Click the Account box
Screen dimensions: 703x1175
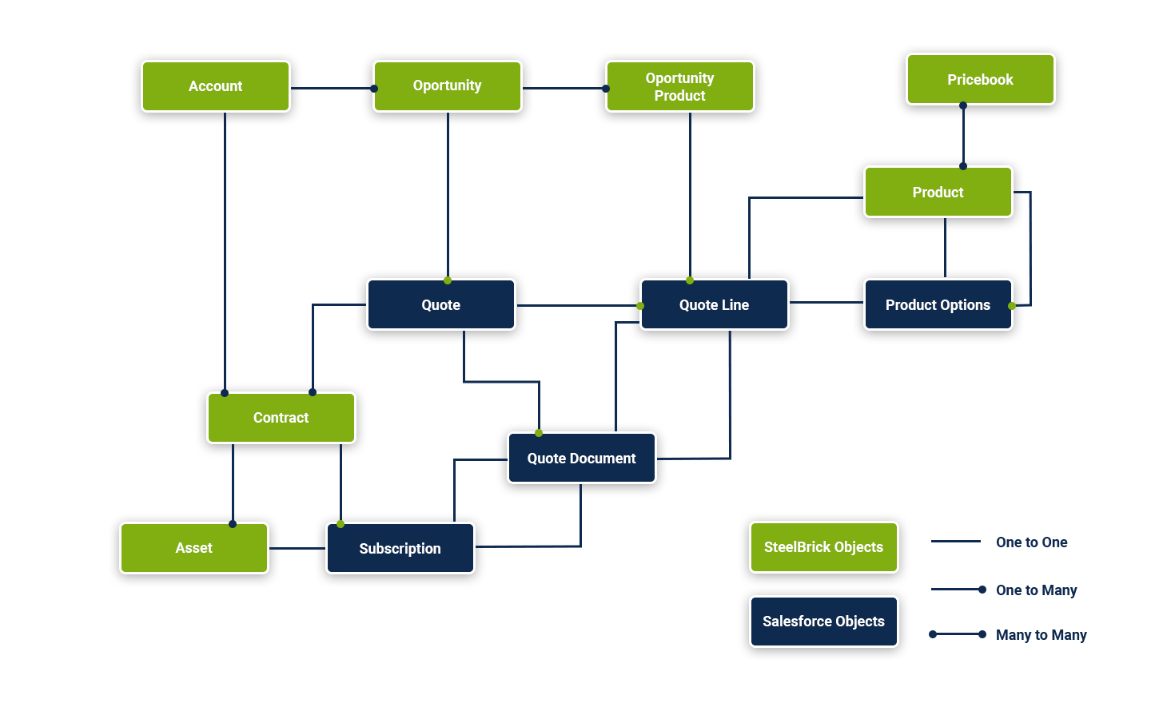pos(216,86)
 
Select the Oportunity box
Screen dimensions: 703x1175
pos(448,86)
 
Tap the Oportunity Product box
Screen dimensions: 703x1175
pos(680,86)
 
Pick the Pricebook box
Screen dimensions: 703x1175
pos(980,79)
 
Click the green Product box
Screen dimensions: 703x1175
pos(938,192)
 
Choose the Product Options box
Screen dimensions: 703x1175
pos(938,304)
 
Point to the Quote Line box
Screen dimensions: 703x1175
pos(714,304)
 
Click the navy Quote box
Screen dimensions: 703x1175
pos(440,304)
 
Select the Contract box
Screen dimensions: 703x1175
pos(281,418)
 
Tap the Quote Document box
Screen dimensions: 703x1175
pos(581,458)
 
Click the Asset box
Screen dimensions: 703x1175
pos(194,548)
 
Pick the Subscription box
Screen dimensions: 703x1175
pos(400,548)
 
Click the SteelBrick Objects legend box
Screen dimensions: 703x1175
pos(823,547)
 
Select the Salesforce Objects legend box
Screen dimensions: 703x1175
pos(823,622)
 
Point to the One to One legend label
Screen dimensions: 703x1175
pos(1031,542)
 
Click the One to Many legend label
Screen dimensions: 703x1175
pos(1036,590)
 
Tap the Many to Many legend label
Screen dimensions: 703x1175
pos(1041,635)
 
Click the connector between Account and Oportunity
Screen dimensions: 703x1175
pos(332,88)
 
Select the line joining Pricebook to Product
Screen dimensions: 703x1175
pos(963,136)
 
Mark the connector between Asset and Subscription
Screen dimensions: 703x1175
pos(297,548)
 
